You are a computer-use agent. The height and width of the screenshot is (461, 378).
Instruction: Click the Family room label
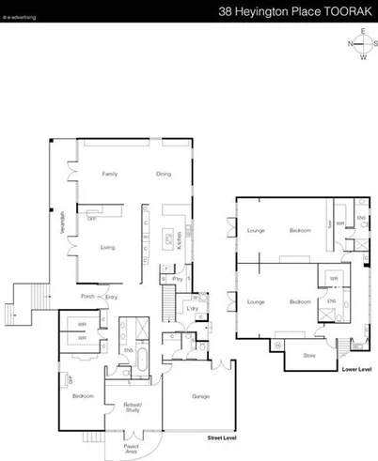(110, 175)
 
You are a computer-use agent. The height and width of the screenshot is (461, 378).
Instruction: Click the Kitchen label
(179, 240)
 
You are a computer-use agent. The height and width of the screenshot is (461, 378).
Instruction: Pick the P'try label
(177, 280)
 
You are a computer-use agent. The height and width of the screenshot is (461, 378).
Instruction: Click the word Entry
(111, 298)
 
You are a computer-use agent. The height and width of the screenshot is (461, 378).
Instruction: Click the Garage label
(199, 397)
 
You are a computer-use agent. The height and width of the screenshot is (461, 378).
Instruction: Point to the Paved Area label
(132, 449)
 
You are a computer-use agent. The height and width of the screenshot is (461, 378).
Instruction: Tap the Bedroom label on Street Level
(83, 397)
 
